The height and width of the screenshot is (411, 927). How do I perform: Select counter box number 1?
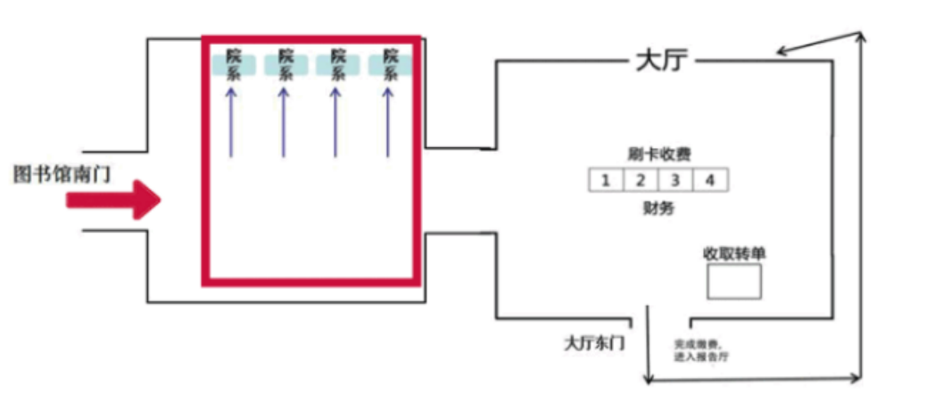[x=606, y=180]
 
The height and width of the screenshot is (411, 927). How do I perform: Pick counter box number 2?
[x=641, y=180]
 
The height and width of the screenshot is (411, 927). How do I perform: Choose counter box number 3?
[x=675, y=180]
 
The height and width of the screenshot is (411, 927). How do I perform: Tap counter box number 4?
[x=710, y=180]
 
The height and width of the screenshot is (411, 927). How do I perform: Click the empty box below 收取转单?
[x=734, y=281]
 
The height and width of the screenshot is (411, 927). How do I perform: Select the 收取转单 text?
[x=734, y=253]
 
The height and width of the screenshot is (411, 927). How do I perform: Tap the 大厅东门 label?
[x=594, y=342]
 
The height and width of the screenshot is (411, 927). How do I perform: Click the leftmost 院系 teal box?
[x=234, y=65]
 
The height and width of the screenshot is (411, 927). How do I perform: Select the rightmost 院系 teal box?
[x=390, y=65]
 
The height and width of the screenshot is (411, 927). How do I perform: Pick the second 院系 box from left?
[x=286, y=65]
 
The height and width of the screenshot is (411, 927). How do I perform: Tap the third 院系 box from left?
[x=337, y=65]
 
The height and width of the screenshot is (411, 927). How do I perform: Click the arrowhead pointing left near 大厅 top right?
[x=782, y=52]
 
